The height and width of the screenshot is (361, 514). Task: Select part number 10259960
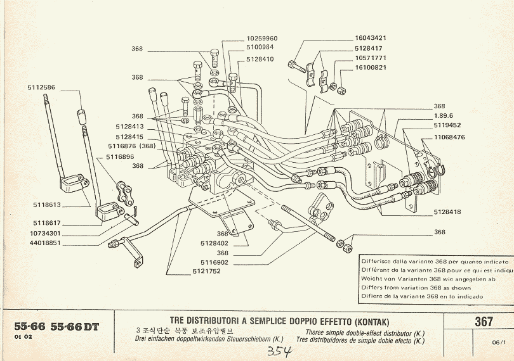click(262, 39)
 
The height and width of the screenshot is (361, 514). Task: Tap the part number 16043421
click(371, 38)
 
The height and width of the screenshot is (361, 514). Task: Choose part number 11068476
click(450, 137)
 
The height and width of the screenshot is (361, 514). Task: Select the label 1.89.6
click(444, 115)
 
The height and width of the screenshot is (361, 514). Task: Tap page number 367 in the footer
click(484, 322)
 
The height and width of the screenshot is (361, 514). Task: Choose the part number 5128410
click(260, 59)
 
